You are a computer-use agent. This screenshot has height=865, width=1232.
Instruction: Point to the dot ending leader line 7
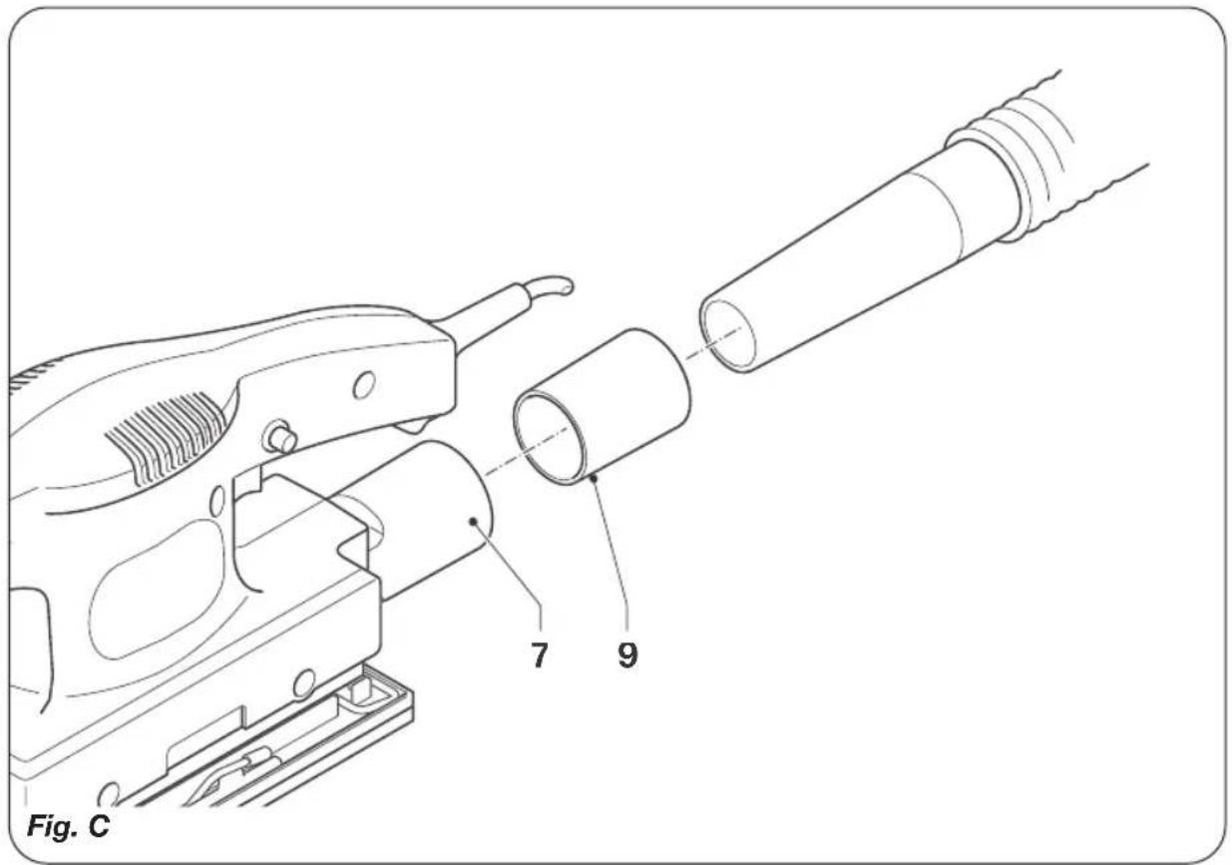[x=474, y=519]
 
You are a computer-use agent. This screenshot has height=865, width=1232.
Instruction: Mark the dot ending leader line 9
[x=593, y=480]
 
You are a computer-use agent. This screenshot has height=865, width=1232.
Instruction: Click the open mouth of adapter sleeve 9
[x=549, y=434]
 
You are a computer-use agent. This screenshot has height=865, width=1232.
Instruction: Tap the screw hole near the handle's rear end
[x=364, y=382]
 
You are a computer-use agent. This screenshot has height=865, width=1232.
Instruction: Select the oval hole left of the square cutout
[x=217, y=498]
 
